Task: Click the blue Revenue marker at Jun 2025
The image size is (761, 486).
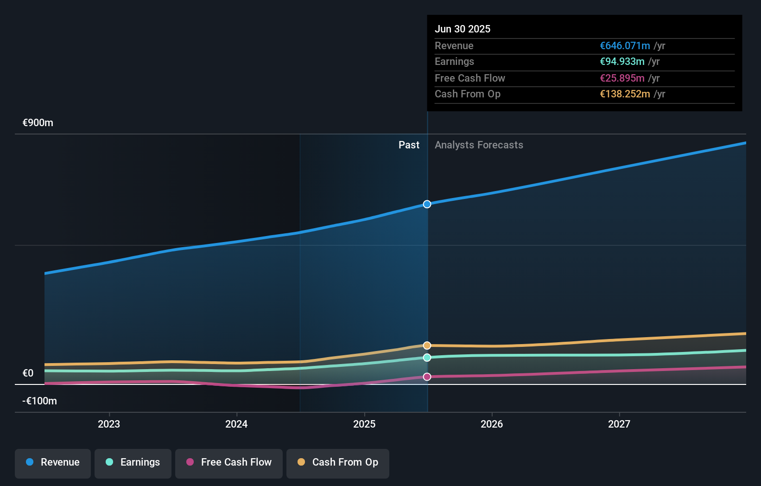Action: tap(427, 204)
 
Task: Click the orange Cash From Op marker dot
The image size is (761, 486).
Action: tap(427, 345)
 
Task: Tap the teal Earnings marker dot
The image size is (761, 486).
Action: tap(427, 358)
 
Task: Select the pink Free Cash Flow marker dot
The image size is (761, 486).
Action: tap(427, 377)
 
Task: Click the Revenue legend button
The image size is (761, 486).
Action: tap(53, 462)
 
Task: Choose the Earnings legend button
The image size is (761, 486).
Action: tap(133, 462)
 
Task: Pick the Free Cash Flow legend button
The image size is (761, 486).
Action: tap(229, 462)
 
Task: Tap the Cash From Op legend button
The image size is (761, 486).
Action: tap(338, 462)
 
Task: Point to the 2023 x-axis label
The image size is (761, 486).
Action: tap(109, 424)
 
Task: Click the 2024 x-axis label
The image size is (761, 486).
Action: tap(236, 424)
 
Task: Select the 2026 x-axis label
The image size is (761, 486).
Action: tap(492, 424)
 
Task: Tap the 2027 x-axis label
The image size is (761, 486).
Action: tap(619, 424)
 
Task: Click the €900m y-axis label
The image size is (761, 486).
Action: tap(38, 123)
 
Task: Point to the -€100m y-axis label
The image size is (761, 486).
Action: tap(40, 401)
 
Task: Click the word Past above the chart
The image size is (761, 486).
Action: tap(409, 145)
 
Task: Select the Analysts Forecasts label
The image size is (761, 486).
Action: tap(479, 145)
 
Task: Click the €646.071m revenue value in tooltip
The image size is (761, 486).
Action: tap(625, 46)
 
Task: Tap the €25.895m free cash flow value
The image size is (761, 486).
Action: tap(622, 78)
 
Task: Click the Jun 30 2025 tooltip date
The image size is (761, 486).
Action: tap(463, 29)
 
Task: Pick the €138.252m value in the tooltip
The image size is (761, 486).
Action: tap(625, 94)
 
